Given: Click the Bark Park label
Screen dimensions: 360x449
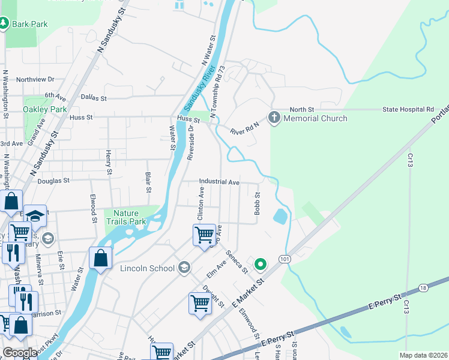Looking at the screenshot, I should coord(29,24).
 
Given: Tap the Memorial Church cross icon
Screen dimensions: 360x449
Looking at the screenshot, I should coord(274,117).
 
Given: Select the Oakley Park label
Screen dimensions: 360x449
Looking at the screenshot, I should coord(44,109).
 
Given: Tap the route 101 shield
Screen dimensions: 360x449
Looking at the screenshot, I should coord(284,258).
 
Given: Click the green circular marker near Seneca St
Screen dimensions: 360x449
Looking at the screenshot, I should coord(261,263).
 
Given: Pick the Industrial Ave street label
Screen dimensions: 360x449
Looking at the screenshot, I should coord(219,182).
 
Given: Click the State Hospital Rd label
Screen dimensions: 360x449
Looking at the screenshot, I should coord(408,110).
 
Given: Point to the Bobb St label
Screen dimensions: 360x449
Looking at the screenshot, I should coord(257,204).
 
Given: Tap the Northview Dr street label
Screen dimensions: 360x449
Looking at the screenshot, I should coord(35,79).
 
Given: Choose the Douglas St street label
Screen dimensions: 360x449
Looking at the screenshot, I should coord(53,180).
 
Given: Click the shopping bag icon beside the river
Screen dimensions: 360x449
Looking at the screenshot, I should coord(101,259).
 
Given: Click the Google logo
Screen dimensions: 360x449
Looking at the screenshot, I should coord(20,353).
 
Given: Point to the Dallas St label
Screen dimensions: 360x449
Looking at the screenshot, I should coord(93,98).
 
